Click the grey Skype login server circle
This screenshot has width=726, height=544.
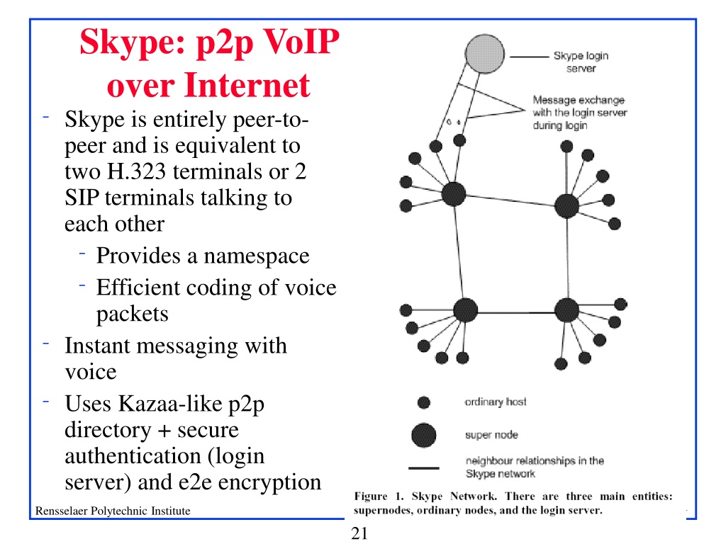(484, 54)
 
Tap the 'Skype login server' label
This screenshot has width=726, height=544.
(581, 62)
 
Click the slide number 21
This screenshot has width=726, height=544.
(359, 533)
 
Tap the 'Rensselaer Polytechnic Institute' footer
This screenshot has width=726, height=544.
(113, 511)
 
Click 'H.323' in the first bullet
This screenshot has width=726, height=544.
(137, 171)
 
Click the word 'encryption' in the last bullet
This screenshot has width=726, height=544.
(269, 482)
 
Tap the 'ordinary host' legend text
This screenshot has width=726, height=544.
(496, 402)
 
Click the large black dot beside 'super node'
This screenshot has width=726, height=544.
(424, 436)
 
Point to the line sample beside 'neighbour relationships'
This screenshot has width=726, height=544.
(424, 468)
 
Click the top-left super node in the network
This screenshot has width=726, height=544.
(453, 194)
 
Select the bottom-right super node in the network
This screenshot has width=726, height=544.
(566, 310)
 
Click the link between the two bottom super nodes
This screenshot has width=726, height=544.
(516, 312)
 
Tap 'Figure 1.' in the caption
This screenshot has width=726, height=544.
(379, 497)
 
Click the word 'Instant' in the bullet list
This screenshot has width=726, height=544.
(97, 346)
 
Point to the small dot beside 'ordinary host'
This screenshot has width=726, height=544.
(424, 402)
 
